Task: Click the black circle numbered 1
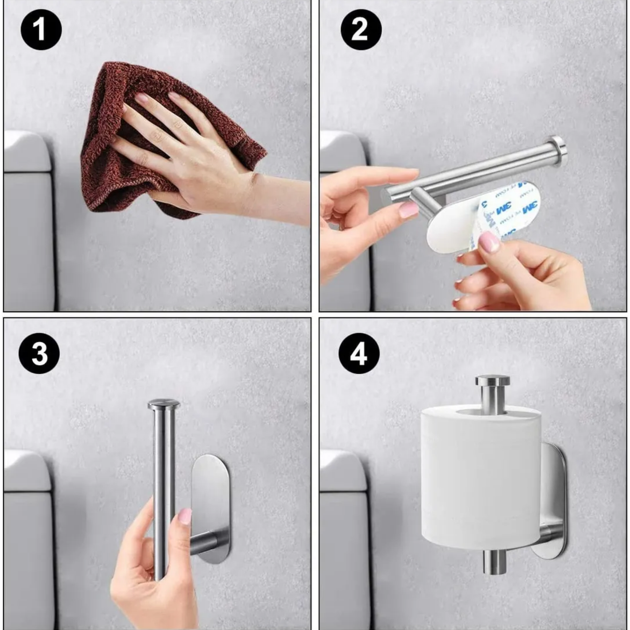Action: (41, 30)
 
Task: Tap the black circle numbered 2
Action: (360, 30)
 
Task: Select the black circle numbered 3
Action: (39, 353)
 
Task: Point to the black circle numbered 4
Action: (359, 354)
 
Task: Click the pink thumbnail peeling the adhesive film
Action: (489, 242)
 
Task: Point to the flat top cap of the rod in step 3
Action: (163, 405)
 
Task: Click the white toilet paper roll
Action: (481, 479)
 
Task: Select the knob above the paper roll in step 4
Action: (493, 382)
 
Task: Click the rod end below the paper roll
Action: (494, 562)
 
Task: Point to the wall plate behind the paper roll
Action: (554, 483)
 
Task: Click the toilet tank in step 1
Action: (27, 239)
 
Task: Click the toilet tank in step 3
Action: (27, 559)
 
